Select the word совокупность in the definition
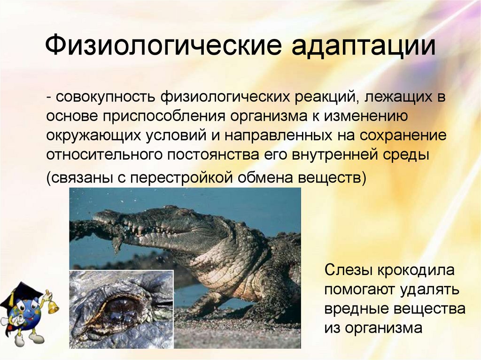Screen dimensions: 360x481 click(x=105, y=98)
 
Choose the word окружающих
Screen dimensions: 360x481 click(x=88, y=135)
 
